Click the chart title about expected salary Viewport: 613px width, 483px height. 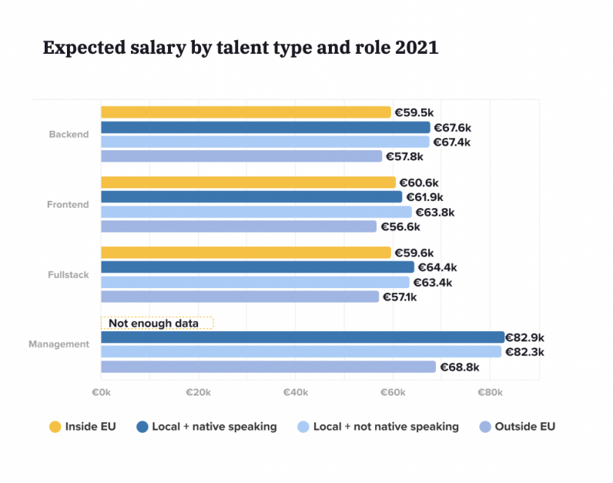pyautogui.click(x=240, y=48)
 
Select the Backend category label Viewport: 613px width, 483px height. pyautogui.click(x=69, y=134)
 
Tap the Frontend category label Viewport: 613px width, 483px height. pyautogui.click(x=68, y=205)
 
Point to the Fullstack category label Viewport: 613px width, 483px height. pyautogui.click(x=69, y=275)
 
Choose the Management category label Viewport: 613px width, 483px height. pyautogui.click(x=59, y=344)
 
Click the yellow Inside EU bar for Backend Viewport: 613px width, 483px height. pyautogui.click(x=246, y=112)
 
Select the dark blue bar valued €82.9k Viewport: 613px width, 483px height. pyautogui.click(x=302, y=337)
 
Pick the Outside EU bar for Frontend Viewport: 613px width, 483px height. pyautogui.click(x=239, y=226)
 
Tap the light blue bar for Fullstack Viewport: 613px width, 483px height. pyautogui.click(x=255, y=282)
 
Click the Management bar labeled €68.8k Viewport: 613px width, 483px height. pyautogui.click(x=268, y=367)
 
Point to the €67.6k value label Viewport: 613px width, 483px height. pyautogui.click(x=452, y=127)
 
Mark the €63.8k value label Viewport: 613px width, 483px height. pyautogui.click(x=435, y=212)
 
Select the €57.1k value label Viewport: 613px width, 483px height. pyautogui.click(x=400, y=297)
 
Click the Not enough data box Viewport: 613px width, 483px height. pyautogui.click(x=157, y=324)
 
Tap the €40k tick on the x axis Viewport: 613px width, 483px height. pyautogui.click(x=296, y=393)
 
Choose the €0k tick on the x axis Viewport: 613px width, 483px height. pyautogui.click(x=101, y=393)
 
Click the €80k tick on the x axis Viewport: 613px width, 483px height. pyautogui.click(x=491, y=393)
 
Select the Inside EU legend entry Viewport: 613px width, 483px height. pyautogui.click(x=82, y=426)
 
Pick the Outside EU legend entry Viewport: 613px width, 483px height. pyautogui.click(x=517, y=426)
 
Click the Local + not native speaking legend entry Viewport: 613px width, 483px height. pyautogui.click(x=377, y=426)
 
